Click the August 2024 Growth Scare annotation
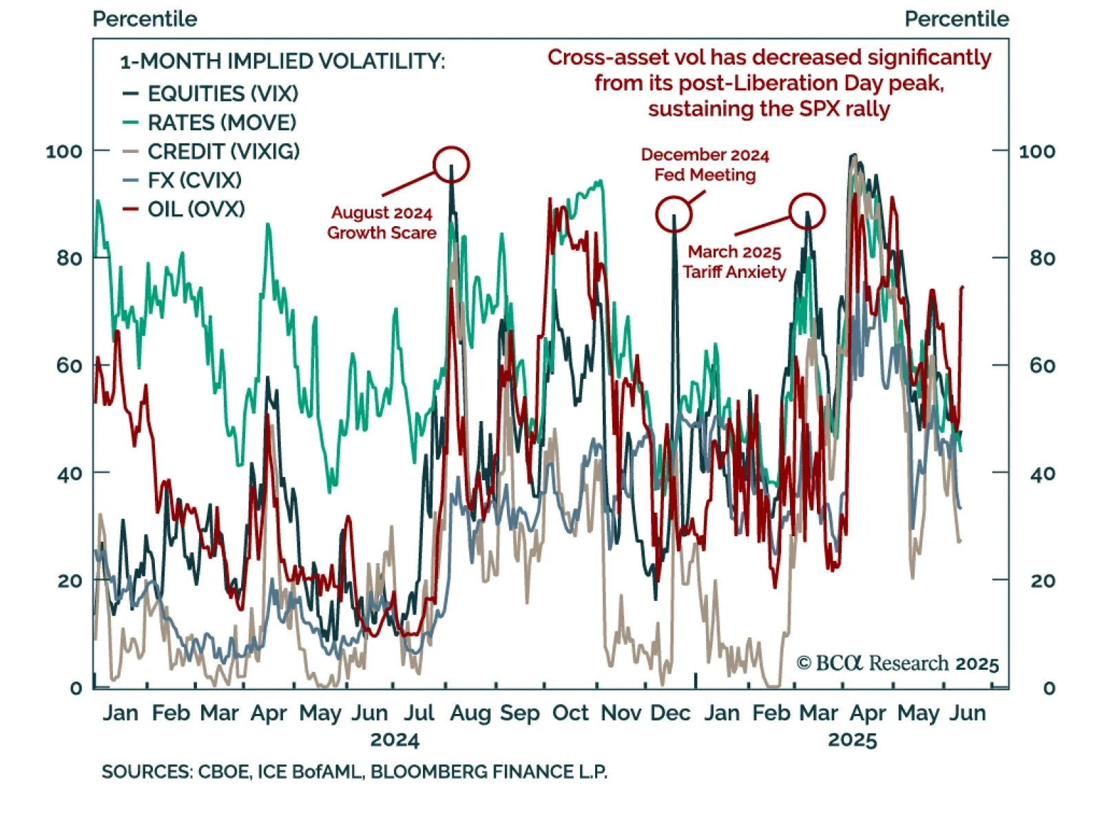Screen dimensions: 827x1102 (x=382, y=223)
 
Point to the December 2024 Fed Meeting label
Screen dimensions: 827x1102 (x=705, y=165)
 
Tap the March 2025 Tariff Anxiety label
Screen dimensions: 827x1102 (x=734, y=262)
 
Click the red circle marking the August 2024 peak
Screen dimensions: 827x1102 (x=451, y=165)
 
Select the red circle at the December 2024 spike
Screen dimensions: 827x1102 (x=674, y=214)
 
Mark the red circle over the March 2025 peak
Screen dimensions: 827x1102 (x=807, y=211)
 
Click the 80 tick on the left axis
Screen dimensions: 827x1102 (x=69, y=258)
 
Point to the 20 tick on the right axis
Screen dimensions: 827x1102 (x=1042, y=581)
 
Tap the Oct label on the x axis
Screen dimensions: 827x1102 (x=570, y=713)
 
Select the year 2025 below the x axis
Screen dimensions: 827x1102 (x=852, y=740)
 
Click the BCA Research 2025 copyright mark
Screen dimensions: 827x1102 (x=897, y=663)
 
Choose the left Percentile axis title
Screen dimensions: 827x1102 (x=145, y=19)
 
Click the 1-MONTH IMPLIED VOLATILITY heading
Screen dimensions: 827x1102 (x=282, y=61)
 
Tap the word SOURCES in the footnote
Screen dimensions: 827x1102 (x=146, y=772)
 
